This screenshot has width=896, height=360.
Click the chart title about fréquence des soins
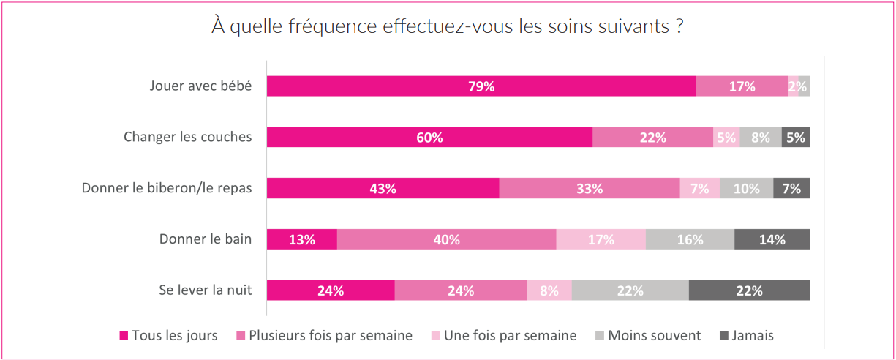(x=448, y=27)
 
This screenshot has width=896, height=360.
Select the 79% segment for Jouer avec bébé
(x=481, y=86)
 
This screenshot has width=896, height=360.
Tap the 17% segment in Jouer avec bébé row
(x=742, y=86)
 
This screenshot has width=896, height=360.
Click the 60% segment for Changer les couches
(x=429, y=138)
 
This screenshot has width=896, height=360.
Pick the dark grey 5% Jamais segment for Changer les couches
(x=796, y=138)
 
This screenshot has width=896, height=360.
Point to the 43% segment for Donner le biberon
(x=383, y=188)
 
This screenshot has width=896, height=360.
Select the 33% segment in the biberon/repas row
(x=590, y=188)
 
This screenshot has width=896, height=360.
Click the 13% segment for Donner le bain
(x=301, y=239)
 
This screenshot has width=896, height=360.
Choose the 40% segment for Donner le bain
(x=446, y=239)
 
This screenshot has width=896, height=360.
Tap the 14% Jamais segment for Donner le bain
(x=772, y=239)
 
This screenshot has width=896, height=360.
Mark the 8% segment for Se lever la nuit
(x=549, y=290)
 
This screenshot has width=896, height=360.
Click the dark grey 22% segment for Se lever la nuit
(x=749, y=290)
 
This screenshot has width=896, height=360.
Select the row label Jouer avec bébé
(x=200, y=86)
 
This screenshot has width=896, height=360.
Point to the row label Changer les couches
(x=187, y=137)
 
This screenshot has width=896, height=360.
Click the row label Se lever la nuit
(x=205, y=290)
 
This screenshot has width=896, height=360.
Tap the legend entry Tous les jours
(x=174, y=336)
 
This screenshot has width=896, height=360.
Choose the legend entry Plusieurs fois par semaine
(x=330, y=336)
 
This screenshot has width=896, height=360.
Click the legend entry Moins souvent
(x=652, y=336)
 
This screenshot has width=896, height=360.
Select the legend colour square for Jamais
(x=724, y=337)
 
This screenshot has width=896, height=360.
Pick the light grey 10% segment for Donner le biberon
(x=746, y=188)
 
